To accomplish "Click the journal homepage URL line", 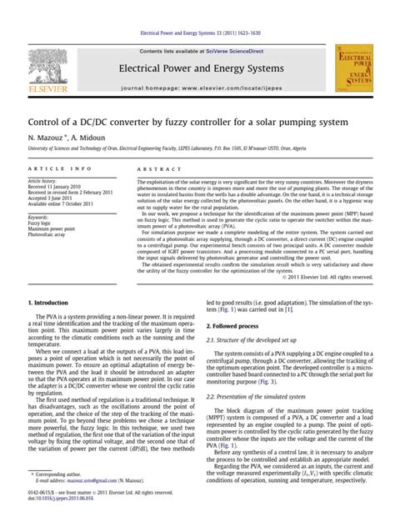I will pyautogui.click(x=197, y=87).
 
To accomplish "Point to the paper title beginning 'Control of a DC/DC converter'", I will pyautogui.click(x=176, y=120).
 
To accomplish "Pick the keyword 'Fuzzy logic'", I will pyautogui.click(x=41, y=223).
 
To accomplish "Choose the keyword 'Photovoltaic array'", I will pyautogui.click(x=49, y=236).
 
